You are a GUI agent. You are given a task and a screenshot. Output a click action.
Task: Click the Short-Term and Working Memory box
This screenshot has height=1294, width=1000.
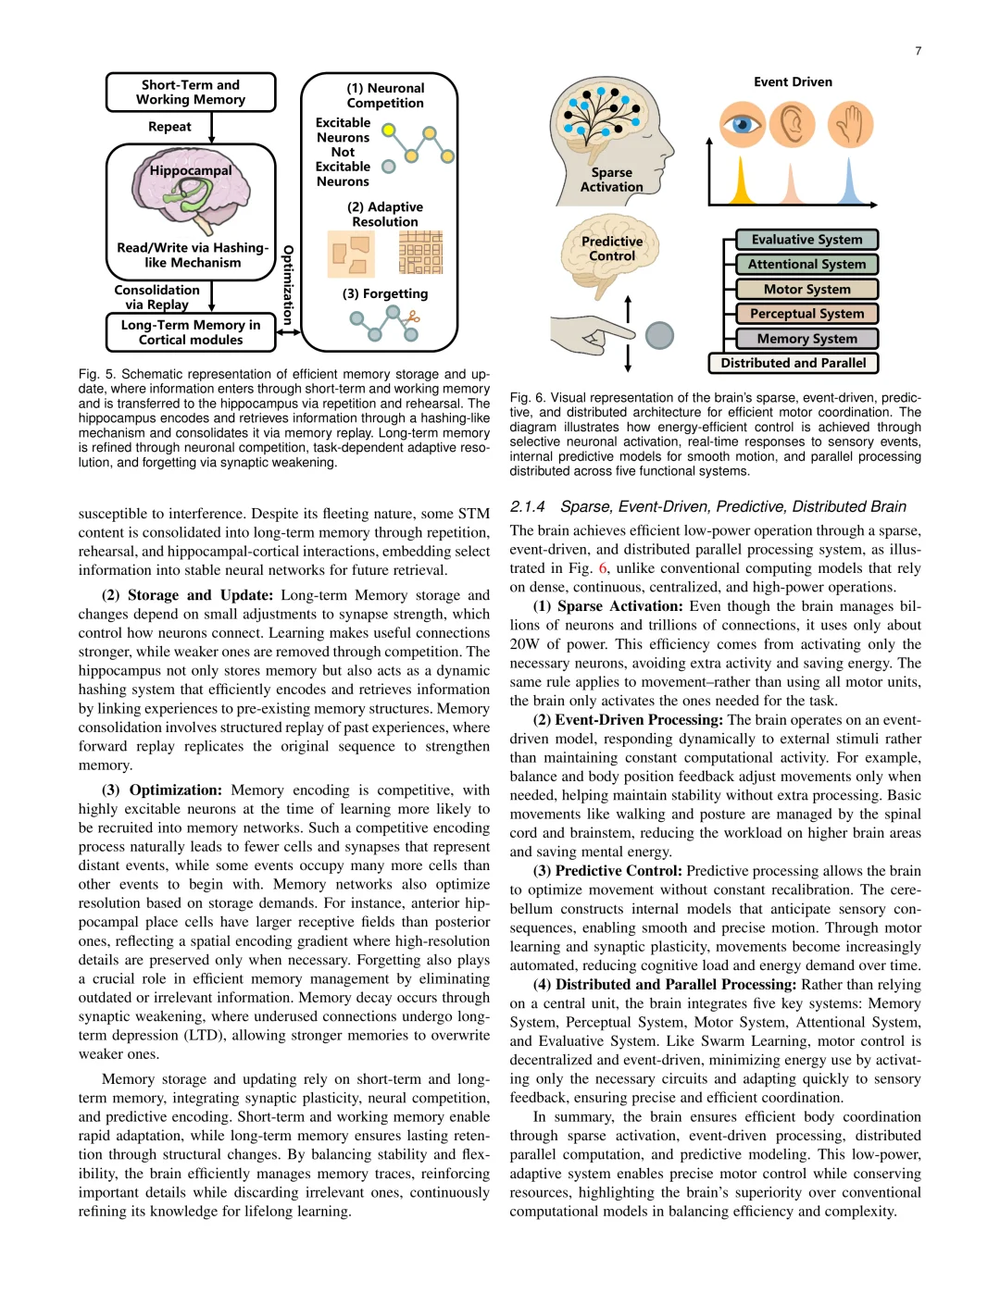pos(191,93)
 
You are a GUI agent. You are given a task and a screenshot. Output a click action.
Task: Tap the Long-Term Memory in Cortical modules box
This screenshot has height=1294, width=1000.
pos(191,332)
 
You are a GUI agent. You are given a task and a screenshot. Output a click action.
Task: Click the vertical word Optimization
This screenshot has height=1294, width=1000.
pos(288,284)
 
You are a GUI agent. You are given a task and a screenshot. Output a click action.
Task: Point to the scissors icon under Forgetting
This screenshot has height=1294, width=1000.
pos(412,318)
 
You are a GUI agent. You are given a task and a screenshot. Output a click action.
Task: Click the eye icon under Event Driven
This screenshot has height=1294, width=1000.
pos(743,125)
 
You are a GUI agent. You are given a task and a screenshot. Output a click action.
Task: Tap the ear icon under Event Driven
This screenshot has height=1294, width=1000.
pos(793,125)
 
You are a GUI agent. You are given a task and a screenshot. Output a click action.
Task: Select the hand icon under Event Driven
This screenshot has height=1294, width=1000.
pos(851,125)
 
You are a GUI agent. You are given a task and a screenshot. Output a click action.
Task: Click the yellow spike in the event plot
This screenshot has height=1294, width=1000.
pos(741,183)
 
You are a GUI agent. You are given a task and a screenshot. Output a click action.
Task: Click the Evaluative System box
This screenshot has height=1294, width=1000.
pos(806,240)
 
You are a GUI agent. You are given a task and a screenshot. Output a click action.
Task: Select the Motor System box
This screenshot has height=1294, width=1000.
pos(806,290)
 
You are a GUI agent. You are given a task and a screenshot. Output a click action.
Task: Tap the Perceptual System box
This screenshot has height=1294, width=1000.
pos(806,314)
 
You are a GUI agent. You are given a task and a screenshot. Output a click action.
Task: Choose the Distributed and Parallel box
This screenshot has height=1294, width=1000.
pos(794,363)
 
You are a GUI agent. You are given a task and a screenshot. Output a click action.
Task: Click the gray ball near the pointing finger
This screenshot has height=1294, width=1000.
pos(659,335)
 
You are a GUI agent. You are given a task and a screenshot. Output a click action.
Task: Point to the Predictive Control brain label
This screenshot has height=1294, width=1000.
pos(612,249)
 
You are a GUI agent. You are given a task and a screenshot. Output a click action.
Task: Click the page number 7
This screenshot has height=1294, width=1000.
pos(919,51)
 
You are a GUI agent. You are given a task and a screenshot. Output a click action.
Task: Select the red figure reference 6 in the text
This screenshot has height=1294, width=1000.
pos(603,568)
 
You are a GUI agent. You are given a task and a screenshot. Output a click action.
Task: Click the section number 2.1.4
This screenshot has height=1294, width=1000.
pos(527,506)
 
